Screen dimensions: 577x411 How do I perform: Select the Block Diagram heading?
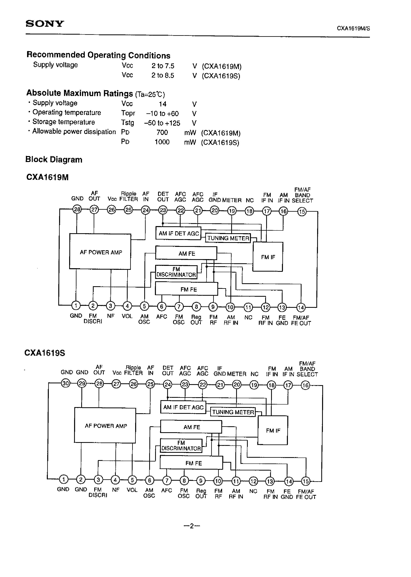(x=54, y=160)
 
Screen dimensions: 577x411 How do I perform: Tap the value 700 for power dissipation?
(x=162, y=133)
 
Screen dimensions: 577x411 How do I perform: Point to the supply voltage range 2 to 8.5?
(x=163, y=76)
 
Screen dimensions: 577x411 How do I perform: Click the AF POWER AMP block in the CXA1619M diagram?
(x=100, y=252)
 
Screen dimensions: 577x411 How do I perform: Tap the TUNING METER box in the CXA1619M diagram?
(x=228, y=238)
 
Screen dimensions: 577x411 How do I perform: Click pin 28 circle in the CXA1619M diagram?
(x=77, y=210)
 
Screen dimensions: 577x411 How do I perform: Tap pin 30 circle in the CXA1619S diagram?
(x=66, y=384)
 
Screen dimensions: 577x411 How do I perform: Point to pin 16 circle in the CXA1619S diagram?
(x=305, y=385)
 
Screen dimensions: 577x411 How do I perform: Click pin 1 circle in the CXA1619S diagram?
(x=63, y=479)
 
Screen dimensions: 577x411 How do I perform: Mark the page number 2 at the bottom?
(x=192, y=526)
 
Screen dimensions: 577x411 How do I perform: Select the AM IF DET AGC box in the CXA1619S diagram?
(x=183, y=407)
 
